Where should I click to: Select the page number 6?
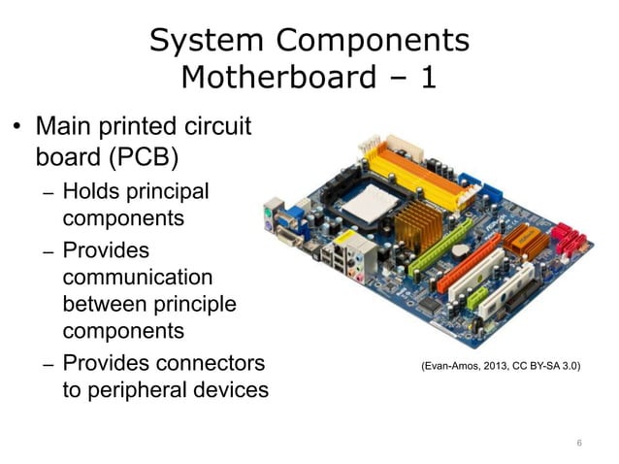point(579,445)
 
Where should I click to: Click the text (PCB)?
point(135,156)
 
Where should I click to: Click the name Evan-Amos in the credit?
point(447,368)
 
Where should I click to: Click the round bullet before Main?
point(16,129)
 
